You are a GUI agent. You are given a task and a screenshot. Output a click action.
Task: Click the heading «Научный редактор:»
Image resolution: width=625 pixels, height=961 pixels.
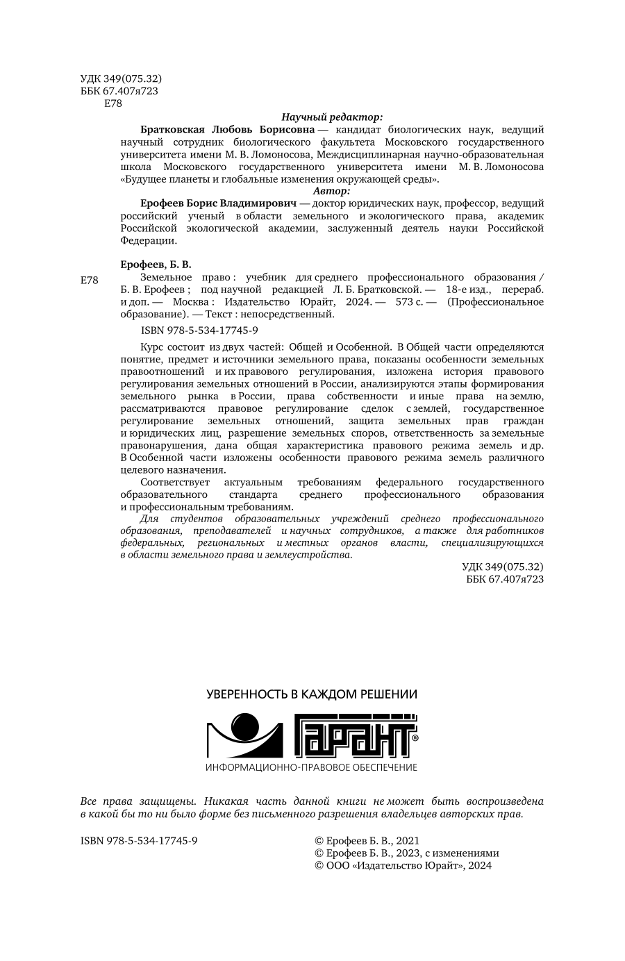332,117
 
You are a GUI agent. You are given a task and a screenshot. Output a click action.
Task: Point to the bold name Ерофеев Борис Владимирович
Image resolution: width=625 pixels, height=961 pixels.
219,203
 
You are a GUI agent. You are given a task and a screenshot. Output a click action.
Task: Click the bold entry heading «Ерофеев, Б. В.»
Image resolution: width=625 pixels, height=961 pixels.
156,265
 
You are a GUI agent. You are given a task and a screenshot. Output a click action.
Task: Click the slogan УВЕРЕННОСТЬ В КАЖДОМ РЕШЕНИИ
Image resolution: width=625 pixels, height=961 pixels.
312,694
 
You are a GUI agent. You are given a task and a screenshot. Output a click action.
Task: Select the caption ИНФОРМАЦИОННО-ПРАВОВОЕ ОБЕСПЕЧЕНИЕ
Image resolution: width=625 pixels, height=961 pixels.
312,767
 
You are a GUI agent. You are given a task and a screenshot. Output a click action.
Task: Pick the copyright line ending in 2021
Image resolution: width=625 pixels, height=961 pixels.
367,841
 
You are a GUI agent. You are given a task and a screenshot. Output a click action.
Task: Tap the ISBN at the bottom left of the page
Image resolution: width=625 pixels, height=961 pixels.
140,841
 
